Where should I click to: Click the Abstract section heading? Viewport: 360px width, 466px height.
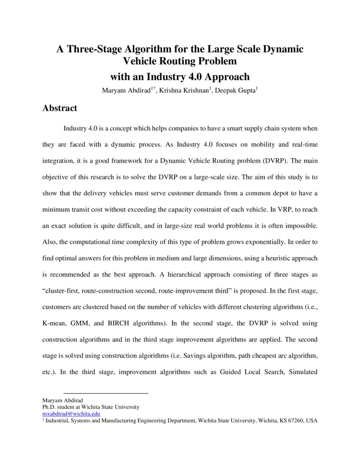(60, 108)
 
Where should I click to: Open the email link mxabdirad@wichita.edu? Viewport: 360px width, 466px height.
(71, 413)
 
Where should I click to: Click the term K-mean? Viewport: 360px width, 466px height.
(53, 323)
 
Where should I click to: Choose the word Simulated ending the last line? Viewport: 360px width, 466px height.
(302, 372)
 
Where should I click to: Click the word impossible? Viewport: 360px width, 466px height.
(301, 226)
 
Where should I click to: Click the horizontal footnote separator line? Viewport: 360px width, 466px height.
(105, 394)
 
